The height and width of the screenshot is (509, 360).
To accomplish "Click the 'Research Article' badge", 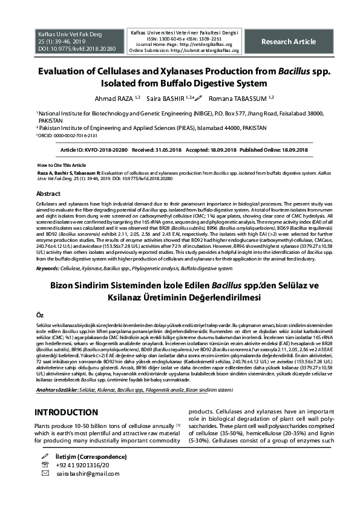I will pos(288,42).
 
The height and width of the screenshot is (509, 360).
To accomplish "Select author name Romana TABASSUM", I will pos(238,98).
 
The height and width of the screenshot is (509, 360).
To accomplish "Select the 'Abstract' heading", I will pos(48,194).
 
